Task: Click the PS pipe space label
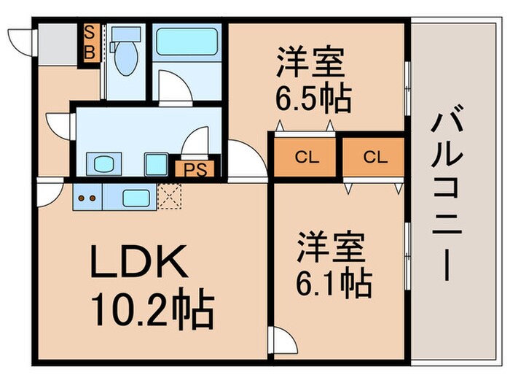[x=193, y=169]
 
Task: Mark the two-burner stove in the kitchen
[x=87, y=196]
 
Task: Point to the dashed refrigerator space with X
[x=169, y=196]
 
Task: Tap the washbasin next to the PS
[x=154, y=163]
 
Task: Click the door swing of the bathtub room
[x=173, y=87]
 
